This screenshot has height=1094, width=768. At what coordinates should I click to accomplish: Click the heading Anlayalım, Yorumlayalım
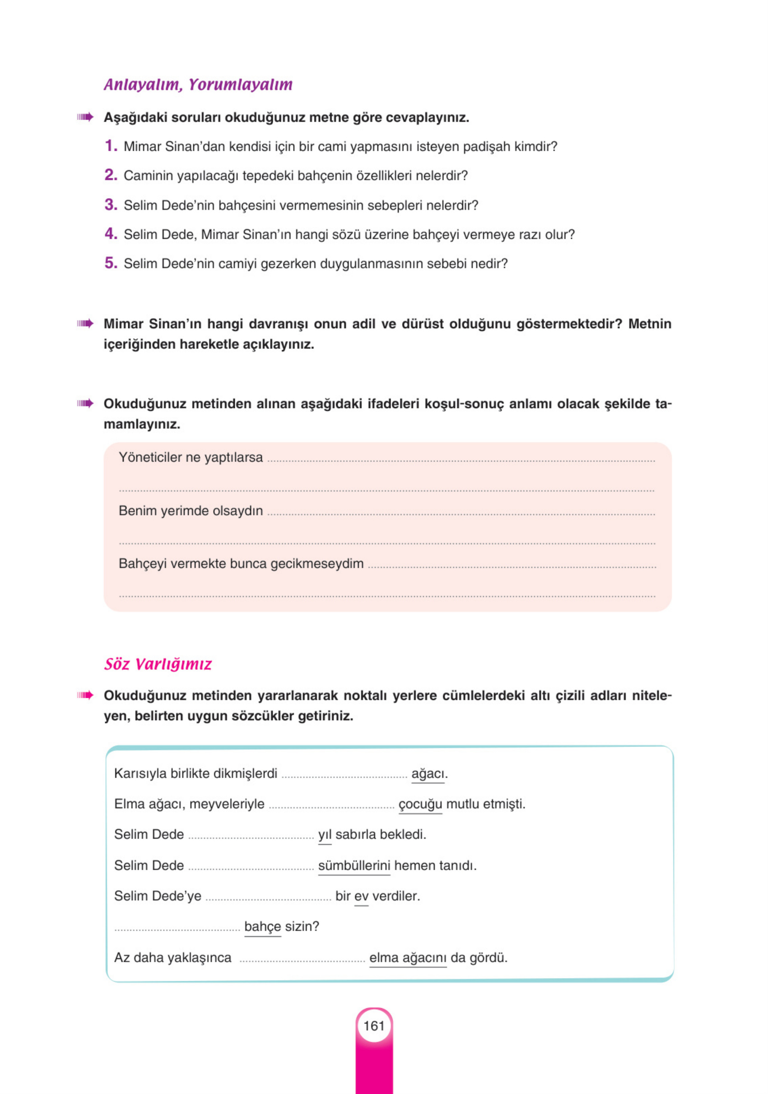pos(198,85)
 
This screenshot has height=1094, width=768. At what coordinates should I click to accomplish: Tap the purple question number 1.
pos(111,146)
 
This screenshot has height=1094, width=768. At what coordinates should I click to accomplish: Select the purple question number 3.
pos(111,205)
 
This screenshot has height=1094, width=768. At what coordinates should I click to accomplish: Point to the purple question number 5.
pos(111,263)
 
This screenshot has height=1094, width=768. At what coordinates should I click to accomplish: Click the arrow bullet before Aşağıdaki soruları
pos(85,117)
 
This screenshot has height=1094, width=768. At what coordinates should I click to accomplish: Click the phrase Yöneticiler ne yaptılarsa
pos(191,458)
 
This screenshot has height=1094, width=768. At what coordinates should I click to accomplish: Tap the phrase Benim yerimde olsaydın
pos(191,511)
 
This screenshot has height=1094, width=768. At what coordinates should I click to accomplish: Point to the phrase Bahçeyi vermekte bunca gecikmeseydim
pos(241,564)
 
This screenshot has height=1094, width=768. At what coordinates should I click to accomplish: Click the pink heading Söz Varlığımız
pos(158,664)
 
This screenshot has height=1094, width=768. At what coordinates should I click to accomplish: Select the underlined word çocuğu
pos(420,804)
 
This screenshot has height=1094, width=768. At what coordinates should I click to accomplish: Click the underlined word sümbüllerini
pos(354,866)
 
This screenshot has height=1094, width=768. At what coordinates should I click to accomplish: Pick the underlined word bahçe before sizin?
pos(262,927)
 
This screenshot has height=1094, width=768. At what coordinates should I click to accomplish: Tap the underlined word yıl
pos(325,835)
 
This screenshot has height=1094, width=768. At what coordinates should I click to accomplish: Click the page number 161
pos(374,1026)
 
